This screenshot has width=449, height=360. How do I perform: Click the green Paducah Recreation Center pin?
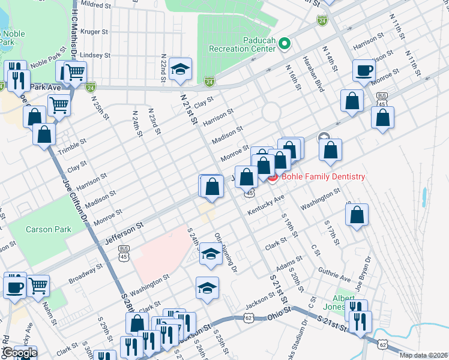[285, 43]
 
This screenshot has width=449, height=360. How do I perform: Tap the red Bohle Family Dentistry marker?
[271, 176]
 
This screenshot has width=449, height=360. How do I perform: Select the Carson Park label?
[48, 229]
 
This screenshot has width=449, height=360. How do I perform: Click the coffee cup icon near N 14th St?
[364, 70]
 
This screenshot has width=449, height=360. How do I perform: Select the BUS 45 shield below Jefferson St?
[124, 252]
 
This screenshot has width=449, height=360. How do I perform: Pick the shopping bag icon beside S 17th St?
[357, 216]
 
